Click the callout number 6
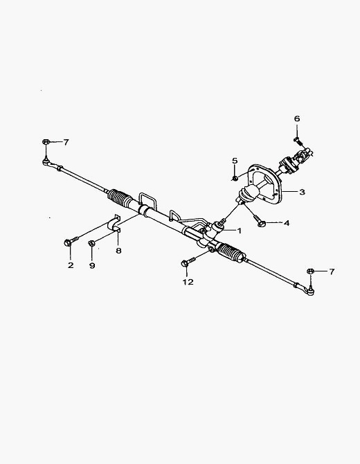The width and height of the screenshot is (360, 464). (297, 118)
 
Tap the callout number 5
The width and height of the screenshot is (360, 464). (235, 161)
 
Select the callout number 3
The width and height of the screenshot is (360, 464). (302, 192)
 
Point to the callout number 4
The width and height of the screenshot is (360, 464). (287, 223)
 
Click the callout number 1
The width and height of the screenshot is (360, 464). (239, 231)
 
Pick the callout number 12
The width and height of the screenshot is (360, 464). (188, 282)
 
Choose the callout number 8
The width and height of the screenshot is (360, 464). (118, 251)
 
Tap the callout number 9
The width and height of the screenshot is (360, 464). (92, 265)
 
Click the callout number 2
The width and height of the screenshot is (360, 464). (71, 265)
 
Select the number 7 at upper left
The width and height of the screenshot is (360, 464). (66, 143)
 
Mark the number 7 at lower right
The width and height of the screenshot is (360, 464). (332, 271)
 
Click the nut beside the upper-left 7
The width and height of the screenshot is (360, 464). (45, 142)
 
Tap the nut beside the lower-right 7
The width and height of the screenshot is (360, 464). (310, 271)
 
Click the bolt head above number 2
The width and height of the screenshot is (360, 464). (67, 242)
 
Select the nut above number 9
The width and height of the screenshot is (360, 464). (91, 243)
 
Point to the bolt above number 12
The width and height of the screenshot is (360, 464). (188, 262)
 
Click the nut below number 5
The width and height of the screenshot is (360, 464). (235, 178)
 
